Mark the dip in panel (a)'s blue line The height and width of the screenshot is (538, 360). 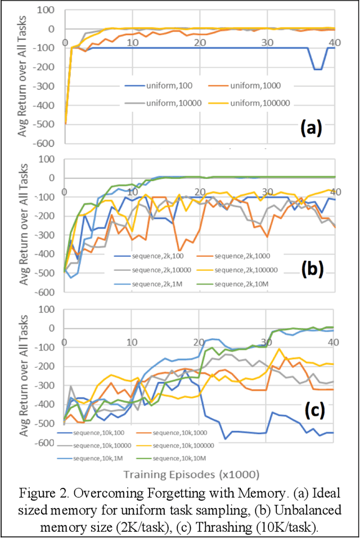[317, 69]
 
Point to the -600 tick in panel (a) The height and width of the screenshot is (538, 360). [47, 143]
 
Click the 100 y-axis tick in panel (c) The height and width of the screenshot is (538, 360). [49, 309]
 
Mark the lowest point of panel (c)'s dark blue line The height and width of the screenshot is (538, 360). [225, 438]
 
